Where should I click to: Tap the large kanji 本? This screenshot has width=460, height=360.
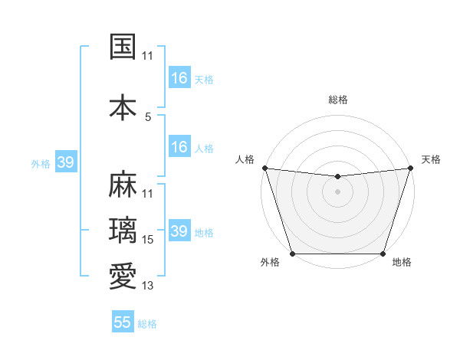(x=123, y=107)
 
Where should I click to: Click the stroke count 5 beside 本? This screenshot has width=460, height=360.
(x=148, y=117)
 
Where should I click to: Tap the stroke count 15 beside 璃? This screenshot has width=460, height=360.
(x=148, y=240)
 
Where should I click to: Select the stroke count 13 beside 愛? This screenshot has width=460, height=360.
(x=148, y=286)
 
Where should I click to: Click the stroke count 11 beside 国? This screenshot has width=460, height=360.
(x=148, y=56)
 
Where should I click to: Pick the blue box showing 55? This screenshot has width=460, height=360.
(x=123, y=322)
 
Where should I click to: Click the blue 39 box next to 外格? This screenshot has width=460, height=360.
(x=65, y=162)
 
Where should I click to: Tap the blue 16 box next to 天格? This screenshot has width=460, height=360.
(x=179, y=78)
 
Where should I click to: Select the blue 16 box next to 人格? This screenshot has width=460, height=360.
(x=179, y=147)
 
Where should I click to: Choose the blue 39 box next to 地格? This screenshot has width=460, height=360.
(x=179, y=231)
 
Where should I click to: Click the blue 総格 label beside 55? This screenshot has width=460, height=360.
(x=147, y=324)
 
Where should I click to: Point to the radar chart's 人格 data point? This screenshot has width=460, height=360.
(x=264, y=168)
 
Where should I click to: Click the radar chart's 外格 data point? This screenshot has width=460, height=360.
(x=292, y=254)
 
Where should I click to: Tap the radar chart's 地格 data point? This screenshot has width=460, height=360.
(x=383, y=254)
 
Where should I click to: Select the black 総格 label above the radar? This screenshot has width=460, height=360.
(x=337, y=100)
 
